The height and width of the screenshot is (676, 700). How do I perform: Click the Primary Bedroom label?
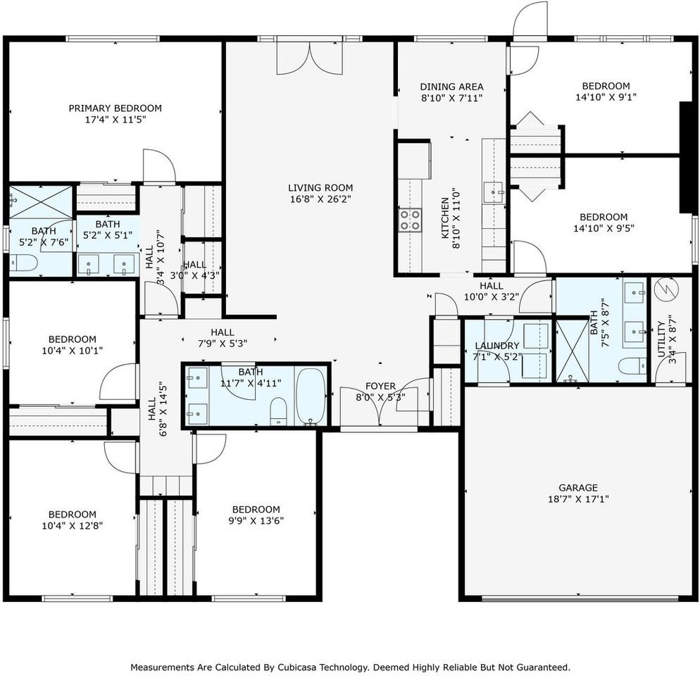click(x=115, y=108)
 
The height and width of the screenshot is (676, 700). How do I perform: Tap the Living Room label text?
click(x=320, y=188)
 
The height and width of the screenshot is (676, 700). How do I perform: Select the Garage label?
click(x=578, y=487)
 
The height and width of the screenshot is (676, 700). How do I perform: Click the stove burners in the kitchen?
click(x=411, y=220)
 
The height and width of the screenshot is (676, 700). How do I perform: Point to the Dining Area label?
click(x=451, y=87)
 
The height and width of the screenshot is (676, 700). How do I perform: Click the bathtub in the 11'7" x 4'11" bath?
click(x=310, y=396)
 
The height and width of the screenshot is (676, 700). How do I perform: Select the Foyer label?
click(x=380, y=387)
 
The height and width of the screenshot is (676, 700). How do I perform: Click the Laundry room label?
click(x=496, y=346)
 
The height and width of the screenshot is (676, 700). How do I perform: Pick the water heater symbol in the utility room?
click(x=664, y=289)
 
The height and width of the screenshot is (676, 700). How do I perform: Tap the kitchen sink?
click(x=493, y=189)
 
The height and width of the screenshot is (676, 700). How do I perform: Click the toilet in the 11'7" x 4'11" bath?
click(x=278, y=411)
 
